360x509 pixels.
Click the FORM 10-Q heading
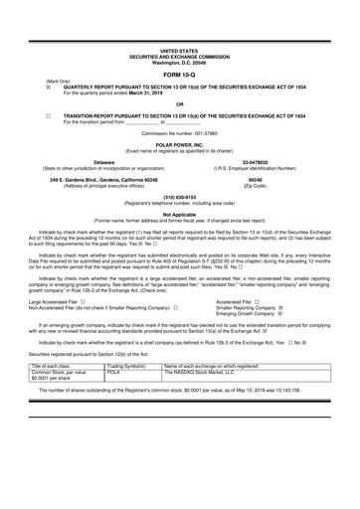[179, 75]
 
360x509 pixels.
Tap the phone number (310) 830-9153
[179, 196]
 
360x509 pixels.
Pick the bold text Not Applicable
[179, 214]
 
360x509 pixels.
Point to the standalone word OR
[179, 102]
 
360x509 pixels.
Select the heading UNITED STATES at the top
[179, 49]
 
